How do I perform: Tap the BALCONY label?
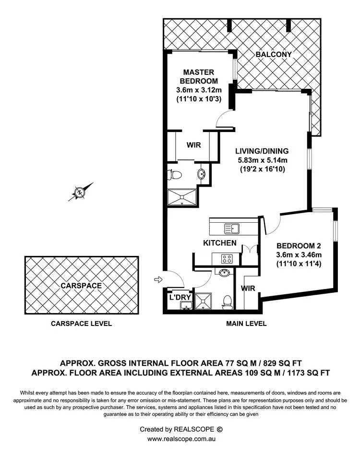point(274,55)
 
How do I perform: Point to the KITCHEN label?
point(220,243)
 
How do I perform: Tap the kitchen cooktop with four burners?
point(227,258)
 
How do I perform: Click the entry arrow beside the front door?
point(157,279)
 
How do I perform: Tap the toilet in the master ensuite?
point(174,174)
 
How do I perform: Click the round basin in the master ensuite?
point(202,173)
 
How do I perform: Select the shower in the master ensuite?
point(182,197)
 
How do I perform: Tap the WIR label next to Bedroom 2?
point(248,288)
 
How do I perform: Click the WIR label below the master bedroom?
point(193,145)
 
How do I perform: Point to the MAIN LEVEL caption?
point(246,324)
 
